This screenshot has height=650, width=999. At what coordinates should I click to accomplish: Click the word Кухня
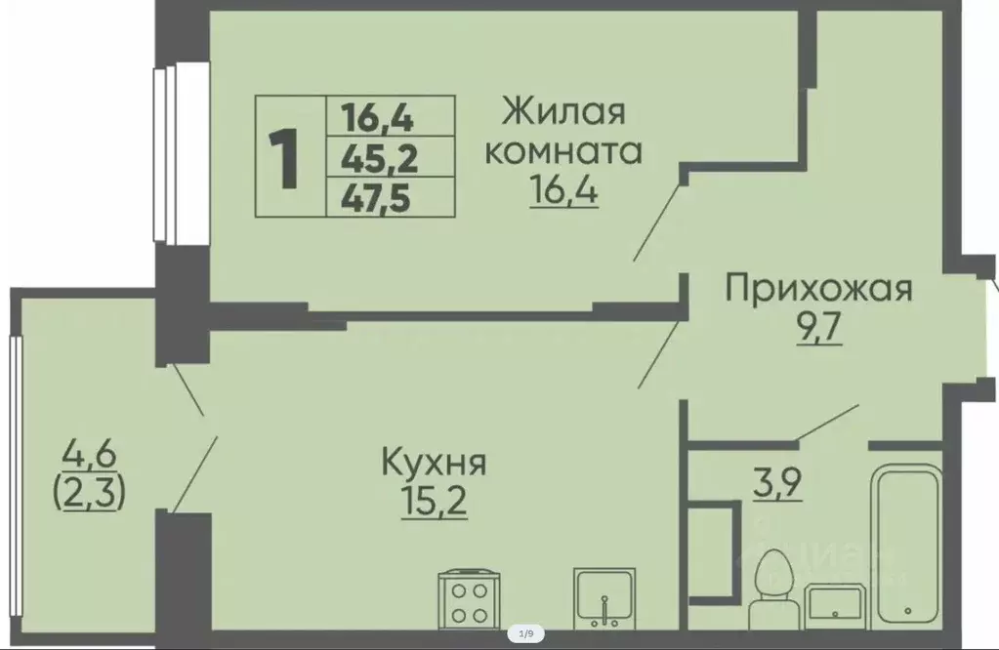(434, 461)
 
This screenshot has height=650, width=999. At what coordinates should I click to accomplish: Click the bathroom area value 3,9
(778, 482)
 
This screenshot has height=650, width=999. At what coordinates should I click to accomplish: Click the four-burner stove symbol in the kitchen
(471, 598)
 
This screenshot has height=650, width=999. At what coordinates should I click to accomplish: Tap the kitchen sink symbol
(605, 598)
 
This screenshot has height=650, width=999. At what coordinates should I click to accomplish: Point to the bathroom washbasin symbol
(832, 602)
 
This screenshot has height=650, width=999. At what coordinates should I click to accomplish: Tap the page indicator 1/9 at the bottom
(525, 634)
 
